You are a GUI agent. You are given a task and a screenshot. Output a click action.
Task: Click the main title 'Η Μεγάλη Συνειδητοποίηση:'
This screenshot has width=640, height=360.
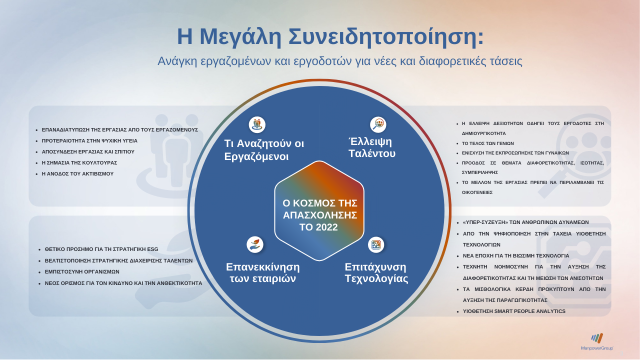click(330, 36)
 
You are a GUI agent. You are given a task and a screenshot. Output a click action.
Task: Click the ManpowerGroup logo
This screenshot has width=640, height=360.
click(597, 341)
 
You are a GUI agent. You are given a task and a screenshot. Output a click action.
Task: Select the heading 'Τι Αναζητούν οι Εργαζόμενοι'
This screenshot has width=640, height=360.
click(264, 150)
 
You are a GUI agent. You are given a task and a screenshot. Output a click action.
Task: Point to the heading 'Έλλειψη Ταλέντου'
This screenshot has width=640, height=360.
click(372, 147)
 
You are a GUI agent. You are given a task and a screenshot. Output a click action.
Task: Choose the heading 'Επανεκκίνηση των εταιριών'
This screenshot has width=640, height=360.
click(263, 272)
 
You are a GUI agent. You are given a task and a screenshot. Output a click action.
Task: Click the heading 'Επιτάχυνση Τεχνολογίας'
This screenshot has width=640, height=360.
click(376, 272)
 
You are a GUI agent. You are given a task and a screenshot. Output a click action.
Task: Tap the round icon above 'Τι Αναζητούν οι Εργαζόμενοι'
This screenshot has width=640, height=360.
click(257, 124)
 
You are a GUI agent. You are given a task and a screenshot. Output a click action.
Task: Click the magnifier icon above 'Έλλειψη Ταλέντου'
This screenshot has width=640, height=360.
click(378, 124)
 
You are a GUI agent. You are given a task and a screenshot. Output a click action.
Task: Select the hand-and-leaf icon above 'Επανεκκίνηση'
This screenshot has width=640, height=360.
click(255, 244)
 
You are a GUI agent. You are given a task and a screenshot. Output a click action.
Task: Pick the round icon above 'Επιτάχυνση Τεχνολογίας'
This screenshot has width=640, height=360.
click(376, 244)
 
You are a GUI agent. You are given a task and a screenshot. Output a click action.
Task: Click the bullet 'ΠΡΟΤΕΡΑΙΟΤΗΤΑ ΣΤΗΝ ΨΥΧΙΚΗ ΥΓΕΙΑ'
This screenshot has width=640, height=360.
click(89, 141)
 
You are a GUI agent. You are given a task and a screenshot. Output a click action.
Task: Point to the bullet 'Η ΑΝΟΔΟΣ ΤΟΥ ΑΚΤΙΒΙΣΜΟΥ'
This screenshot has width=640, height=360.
click(77, 174)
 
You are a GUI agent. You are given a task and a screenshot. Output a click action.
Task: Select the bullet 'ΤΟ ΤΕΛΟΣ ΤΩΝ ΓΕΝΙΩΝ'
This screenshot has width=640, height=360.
click(488, 143)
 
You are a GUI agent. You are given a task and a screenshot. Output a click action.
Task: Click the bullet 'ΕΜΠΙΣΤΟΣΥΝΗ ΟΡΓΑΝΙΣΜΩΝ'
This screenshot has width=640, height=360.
click(82, 272)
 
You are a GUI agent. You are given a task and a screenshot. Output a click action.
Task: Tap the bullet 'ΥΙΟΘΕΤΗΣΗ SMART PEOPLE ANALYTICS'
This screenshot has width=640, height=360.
click(514, 311)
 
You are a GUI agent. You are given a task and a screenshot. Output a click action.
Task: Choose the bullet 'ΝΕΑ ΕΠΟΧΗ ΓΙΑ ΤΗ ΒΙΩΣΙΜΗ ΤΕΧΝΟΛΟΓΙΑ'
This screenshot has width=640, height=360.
click(516, 255)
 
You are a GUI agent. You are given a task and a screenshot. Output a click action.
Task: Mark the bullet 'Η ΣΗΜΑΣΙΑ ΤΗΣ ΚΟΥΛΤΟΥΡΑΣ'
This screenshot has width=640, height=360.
click(79, 163)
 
